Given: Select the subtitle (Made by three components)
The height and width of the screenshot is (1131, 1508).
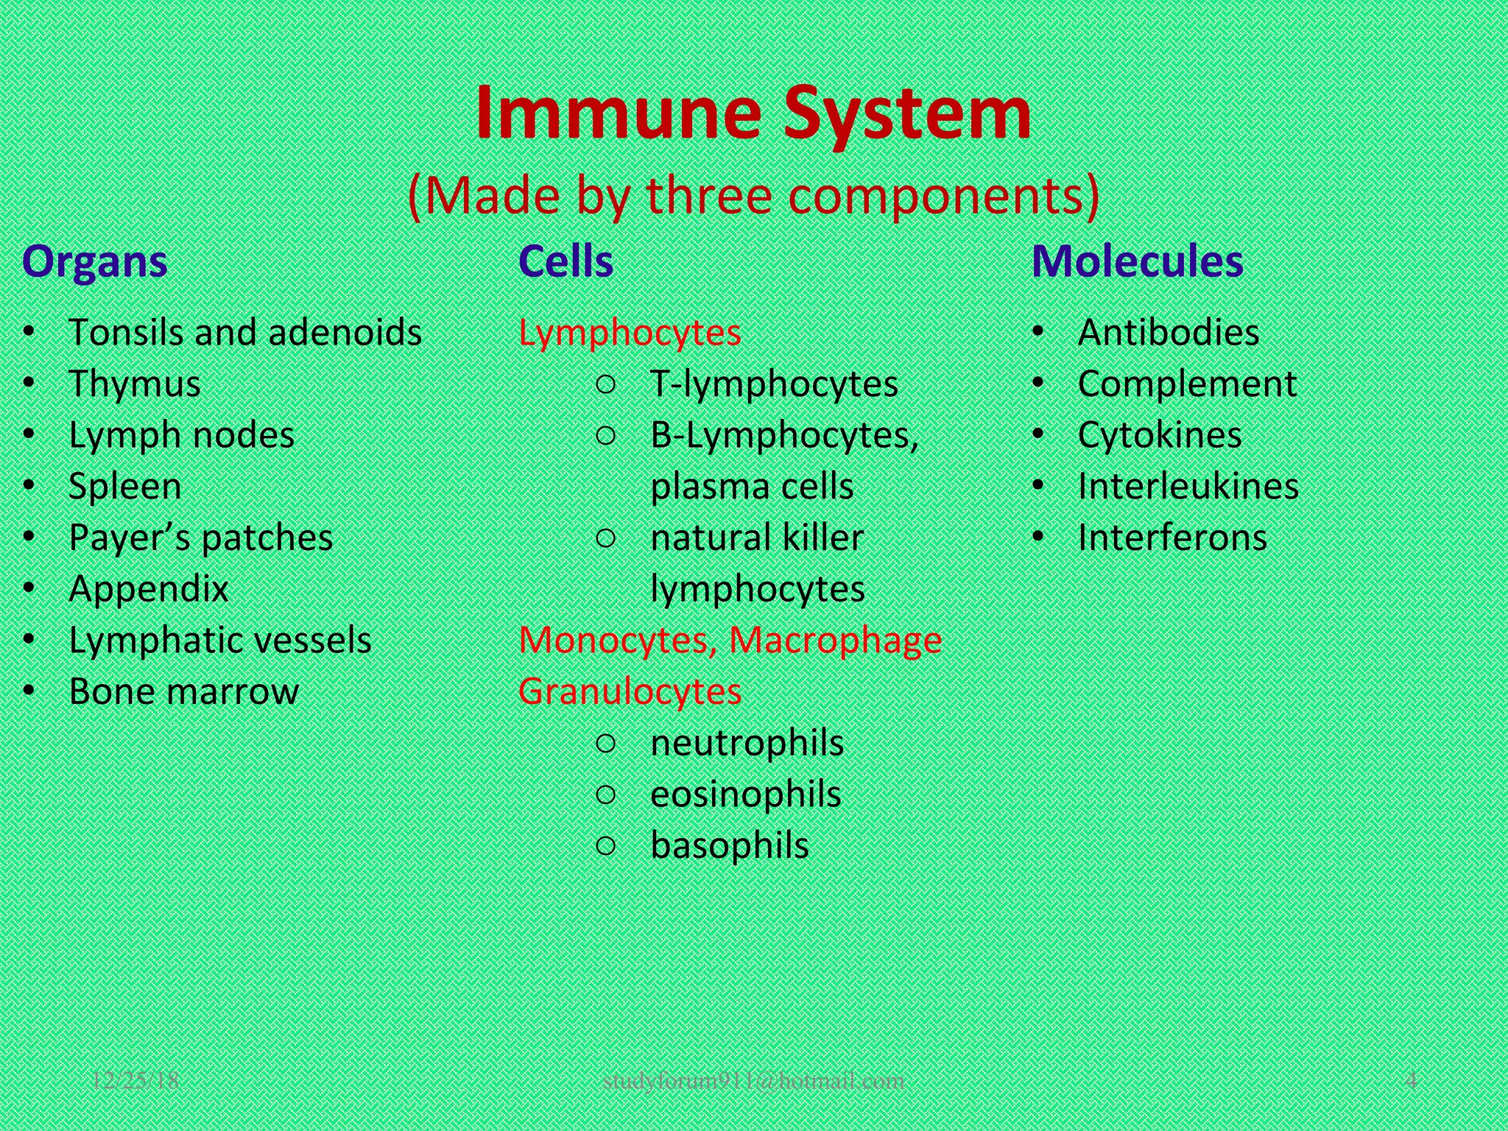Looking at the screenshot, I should [x=753, y=196].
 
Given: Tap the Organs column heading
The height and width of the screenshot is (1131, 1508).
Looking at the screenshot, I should [x=95, y=261].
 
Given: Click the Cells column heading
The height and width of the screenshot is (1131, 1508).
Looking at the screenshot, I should [x=565, y=261].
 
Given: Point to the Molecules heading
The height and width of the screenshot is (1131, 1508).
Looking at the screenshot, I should [x=1137, y=261].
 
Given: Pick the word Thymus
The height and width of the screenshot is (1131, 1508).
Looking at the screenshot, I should [x=134, y=384].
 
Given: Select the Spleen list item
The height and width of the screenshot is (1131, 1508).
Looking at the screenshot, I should [x=124, y=487].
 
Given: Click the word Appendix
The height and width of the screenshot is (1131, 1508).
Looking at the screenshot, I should [x=148, y=589].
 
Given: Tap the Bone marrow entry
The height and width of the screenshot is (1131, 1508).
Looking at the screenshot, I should [x=183, y=691].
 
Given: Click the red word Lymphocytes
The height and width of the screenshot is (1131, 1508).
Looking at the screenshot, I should [x=630, y=333].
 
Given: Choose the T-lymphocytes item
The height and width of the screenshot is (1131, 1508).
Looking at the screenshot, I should [x=774, y=384].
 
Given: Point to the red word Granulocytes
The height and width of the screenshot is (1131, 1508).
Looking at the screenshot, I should [x=630, y=691].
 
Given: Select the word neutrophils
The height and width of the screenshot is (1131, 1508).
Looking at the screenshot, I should [x=747, y=743].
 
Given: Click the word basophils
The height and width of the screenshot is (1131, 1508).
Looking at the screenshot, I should [x=729, y=845].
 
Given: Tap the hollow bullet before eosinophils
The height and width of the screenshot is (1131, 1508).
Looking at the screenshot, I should [x=605, y=794].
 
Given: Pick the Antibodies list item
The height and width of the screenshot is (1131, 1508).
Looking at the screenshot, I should [x=1168, y=333].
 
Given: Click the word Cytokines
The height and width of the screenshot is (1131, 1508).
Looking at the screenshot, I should [x=1159, y=435].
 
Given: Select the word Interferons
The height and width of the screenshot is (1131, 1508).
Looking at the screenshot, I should [x=1172, y=538].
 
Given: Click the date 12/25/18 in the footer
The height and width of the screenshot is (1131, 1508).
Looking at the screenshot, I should [x=135, y=1080].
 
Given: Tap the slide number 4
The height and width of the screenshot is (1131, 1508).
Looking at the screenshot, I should [x=1411, y=1080].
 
